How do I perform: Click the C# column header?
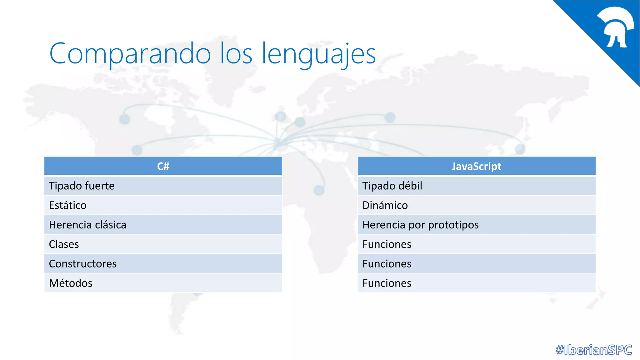pyautogui.click(x=163, y=166)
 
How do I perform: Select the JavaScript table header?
pyautogui.click(x=476, y=166)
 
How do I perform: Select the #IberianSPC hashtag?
pyautogui.click(x=594, y=350)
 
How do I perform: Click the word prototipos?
pyautogui.click(x=453, y=225)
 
